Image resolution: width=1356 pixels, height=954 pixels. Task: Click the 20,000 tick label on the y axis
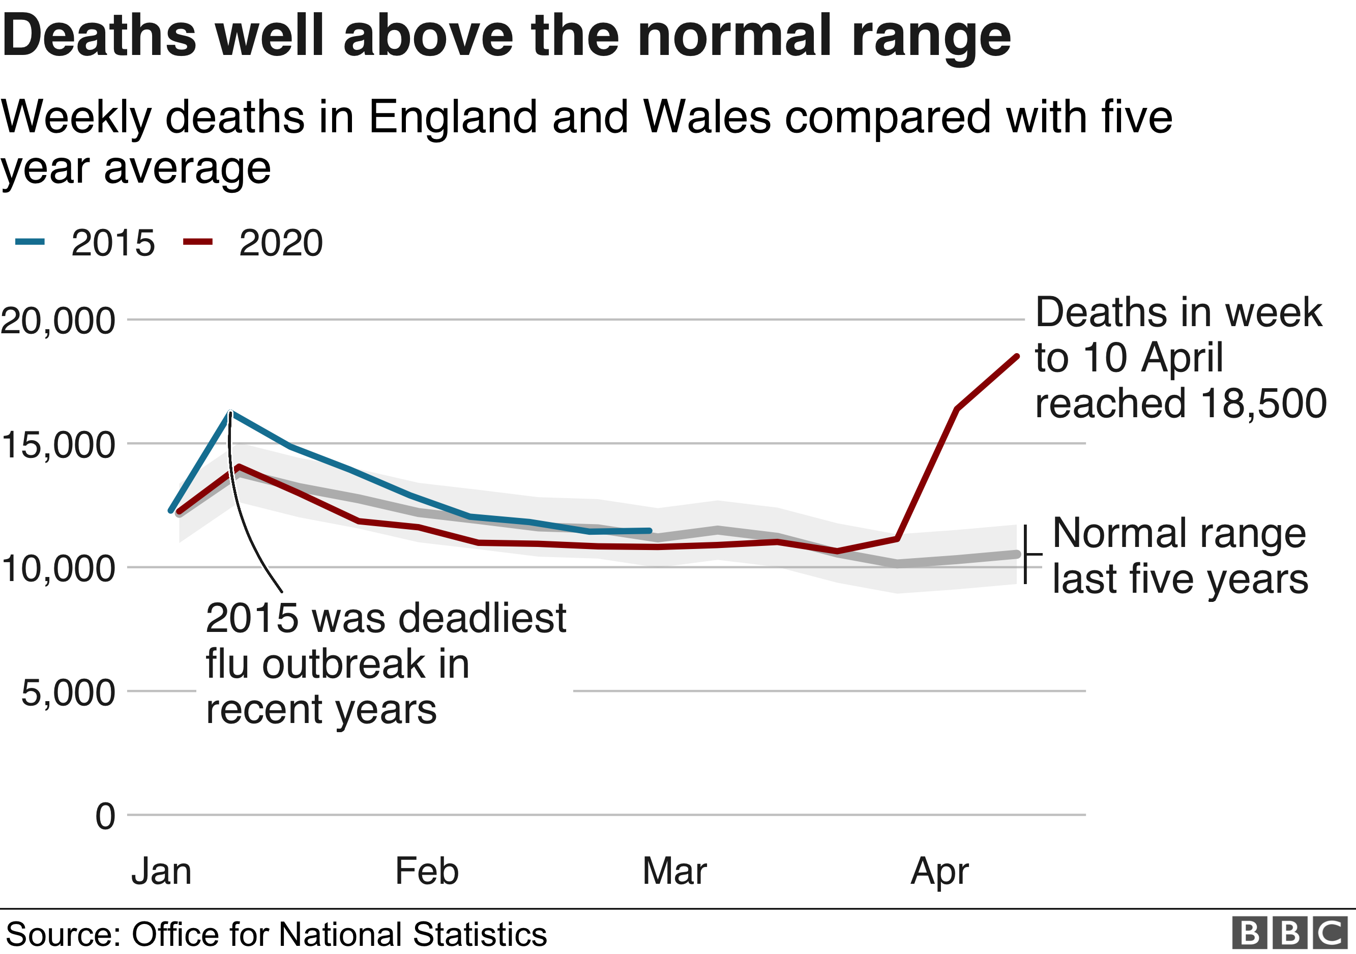[x=58, y=322]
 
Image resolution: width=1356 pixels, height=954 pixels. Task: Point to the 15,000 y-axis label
[x=58, y=445]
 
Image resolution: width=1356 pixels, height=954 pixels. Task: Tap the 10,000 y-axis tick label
[x=58, y=568]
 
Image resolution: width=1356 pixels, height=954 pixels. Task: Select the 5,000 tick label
[x=68, y=692]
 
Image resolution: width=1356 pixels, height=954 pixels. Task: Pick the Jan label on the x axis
[x=161, y=871]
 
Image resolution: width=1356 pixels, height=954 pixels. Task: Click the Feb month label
[x=426, y=871]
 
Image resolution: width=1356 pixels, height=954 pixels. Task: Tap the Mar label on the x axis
[x=674, y=871]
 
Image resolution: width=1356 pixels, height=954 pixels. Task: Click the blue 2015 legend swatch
[x=30, y=241]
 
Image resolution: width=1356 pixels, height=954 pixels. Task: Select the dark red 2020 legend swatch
[x=198, y=241]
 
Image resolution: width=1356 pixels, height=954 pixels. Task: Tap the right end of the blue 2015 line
[x=650, y=531]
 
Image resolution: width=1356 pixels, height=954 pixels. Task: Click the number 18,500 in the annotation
[x=1263, y=403]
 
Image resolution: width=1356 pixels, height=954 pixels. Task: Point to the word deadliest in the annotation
[x=483, y=619]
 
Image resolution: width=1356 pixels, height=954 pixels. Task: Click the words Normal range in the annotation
[x=1179, y=533]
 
